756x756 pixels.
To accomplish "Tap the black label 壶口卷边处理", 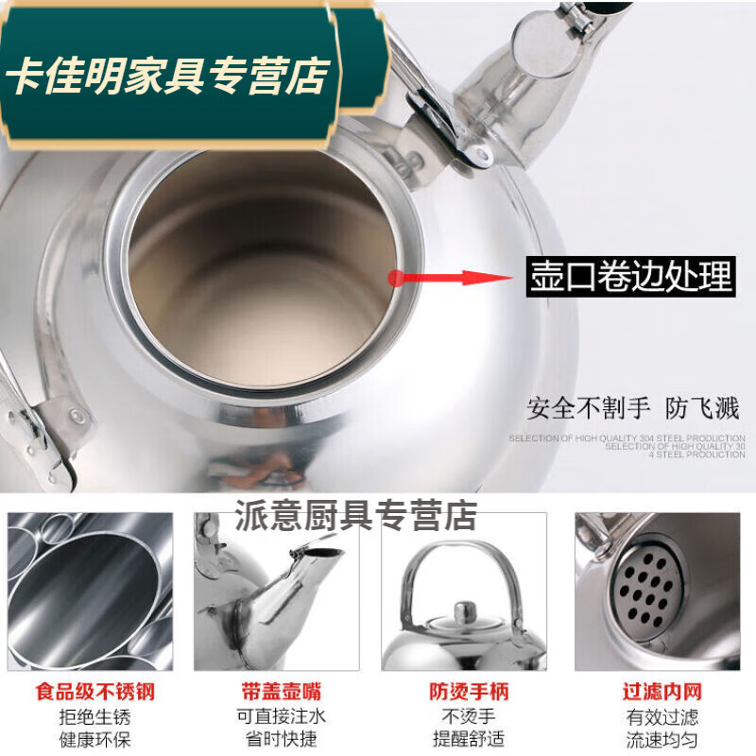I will (631, 278).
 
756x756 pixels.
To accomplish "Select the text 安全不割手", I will (589, 408).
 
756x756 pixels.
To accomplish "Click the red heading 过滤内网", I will (661, 693).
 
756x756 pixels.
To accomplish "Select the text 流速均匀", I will (661, 739).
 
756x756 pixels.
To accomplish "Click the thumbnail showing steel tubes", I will (90, 592).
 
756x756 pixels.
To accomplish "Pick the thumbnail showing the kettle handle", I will (463, 592).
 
